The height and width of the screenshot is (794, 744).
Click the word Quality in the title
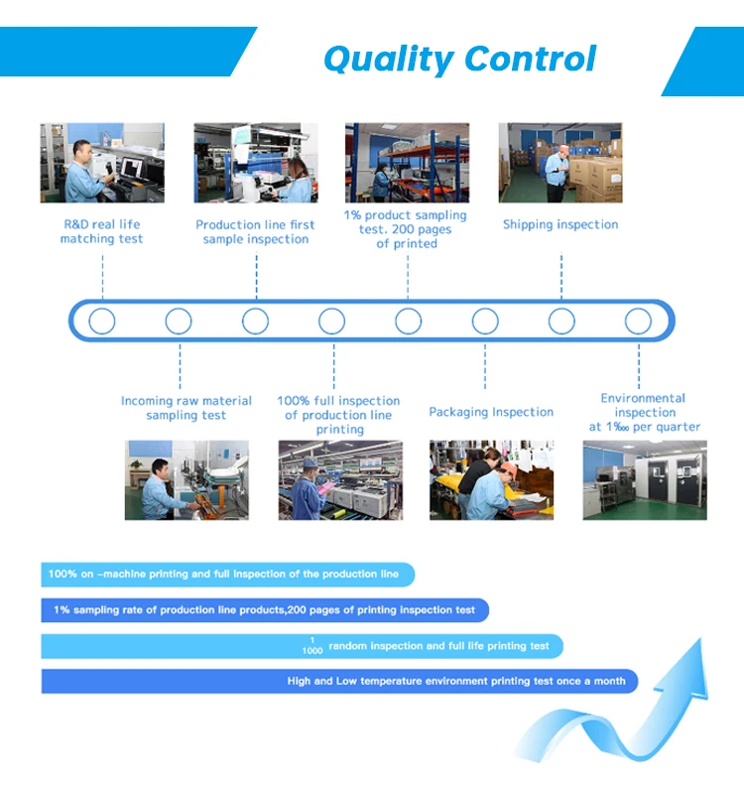[x=387, y=59]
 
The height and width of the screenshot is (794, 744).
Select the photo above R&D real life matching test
[x=102, y=163]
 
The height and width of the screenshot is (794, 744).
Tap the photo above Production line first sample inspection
[x=256, y=163]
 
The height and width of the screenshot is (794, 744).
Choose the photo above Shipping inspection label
[x=560, y=163]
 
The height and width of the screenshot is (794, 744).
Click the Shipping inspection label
[x=560, y=224]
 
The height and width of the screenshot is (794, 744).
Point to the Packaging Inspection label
[x=491, y=412]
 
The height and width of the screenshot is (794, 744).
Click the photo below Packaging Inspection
[x=491, y=480]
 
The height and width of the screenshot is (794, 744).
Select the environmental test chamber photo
[x=645, y=480]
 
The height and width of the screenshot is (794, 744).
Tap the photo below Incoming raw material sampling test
[x=186, y=480]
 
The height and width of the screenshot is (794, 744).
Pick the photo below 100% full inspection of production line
[x=340, y=480]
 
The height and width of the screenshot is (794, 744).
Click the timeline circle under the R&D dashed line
[x=102, y=321]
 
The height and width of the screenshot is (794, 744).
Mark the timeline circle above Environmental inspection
[x=638, y=321]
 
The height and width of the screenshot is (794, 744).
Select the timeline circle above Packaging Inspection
[x=485, y=321]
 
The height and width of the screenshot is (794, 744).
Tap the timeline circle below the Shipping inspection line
[x=561, y=321]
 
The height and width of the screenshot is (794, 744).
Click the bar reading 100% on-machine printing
[x=226, y=574]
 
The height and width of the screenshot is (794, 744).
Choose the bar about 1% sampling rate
[x=264, y=610]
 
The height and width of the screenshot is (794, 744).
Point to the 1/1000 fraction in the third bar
[x=312, y=646]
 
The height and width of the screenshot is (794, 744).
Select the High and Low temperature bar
[x=337, y=682]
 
